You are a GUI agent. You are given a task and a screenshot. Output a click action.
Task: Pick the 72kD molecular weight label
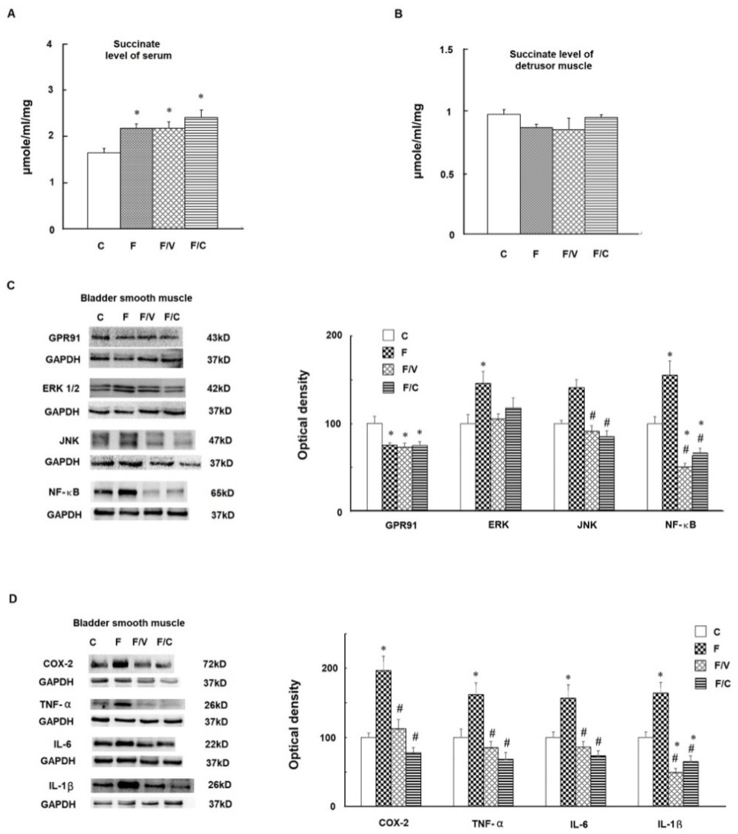coord(215,664)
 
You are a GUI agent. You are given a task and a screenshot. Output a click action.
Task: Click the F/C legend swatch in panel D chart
coord(700,683)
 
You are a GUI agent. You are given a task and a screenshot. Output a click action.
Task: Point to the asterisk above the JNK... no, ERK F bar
coord(483,364)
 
